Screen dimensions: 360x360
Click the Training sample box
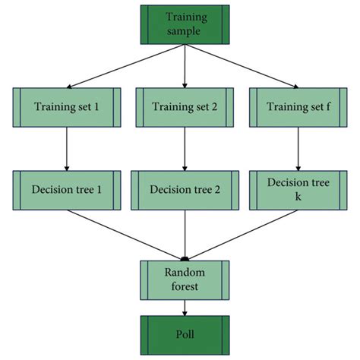point(185,24)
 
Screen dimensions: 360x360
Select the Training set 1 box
point(67,108)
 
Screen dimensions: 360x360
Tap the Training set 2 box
point(185,108)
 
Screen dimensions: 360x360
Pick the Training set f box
point(302,108)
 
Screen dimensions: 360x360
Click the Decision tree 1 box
point(67,190)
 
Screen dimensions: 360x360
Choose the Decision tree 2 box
point(185,190)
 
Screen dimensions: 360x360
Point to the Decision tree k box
point(302,190)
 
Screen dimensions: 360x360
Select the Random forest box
point(185,279)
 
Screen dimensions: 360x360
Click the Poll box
point(185,333)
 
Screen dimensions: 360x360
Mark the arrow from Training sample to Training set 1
point(125,66)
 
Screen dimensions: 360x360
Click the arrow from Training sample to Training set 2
point(185,65)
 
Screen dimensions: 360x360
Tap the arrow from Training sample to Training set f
point(243,66)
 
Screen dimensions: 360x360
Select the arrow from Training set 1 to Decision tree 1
point(67,149)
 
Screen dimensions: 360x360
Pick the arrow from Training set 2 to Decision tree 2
point(185,149)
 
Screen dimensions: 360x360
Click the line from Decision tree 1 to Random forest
point(125,234)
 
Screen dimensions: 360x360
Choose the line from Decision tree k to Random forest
point(243,234)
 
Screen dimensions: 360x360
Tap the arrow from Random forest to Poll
point(185,307)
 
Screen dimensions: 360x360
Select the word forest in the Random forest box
point(185,286)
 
